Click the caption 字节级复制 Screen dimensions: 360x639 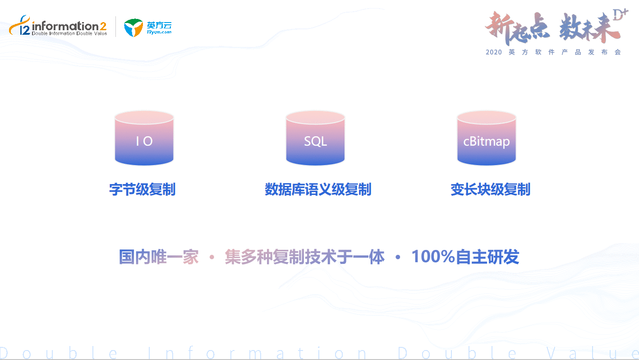tap(143, 189)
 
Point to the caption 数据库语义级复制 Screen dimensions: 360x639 tap(318, 189)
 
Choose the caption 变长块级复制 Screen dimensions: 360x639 tap(490, 189)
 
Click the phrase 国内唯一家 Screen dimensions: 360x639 tap(159, 257)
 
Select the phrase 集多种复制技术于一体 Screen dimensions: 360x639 tap(304, 257)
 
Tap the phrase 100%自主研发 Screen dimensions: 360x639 tap(465, 257)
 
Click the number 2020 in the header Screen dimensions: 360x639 tap(494, 52)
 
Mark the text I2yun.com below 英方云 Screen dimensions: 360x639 tap(159, 32)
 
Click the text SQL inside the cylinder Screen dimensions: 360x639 tap(315, 142)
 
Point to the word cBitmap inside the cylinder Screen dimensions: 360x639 tap(487, 142)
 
